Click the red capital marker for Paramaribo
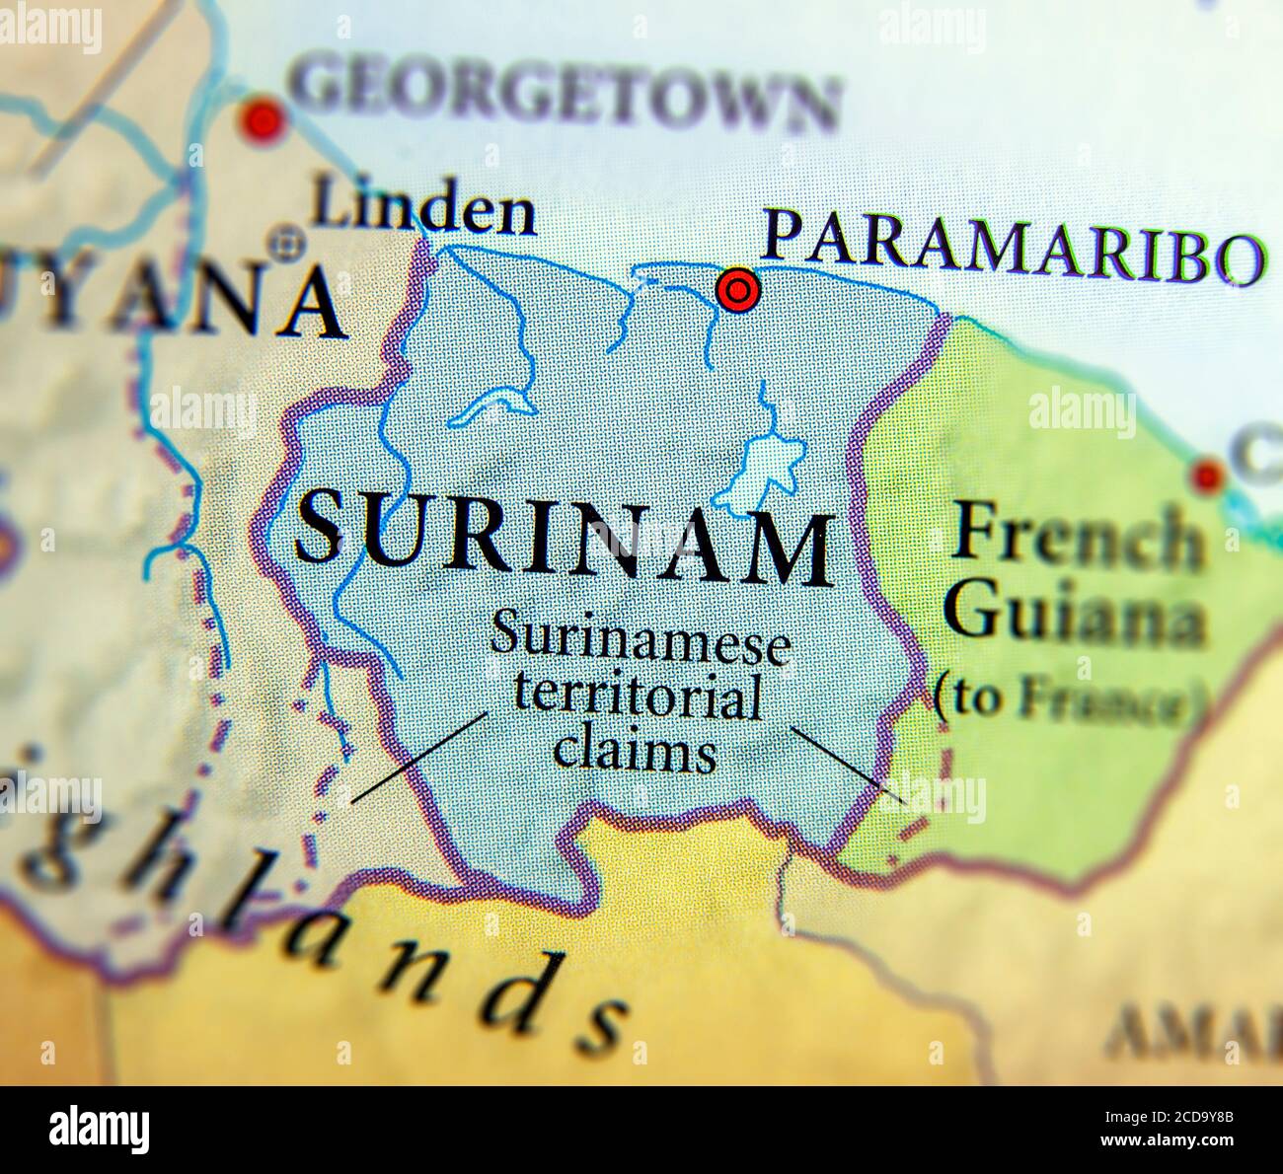click(x=737, y=290)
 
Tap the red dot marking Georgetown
click(x=263, y=121)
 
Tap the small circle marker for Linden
click(x=288, y=241)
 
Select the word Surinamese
click(x=640, y=640)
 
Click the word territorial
click(x=637, y=698)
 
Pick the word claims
click(x=635, y=752)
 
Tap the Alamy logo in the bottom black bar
click(x=100, y=1129)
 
